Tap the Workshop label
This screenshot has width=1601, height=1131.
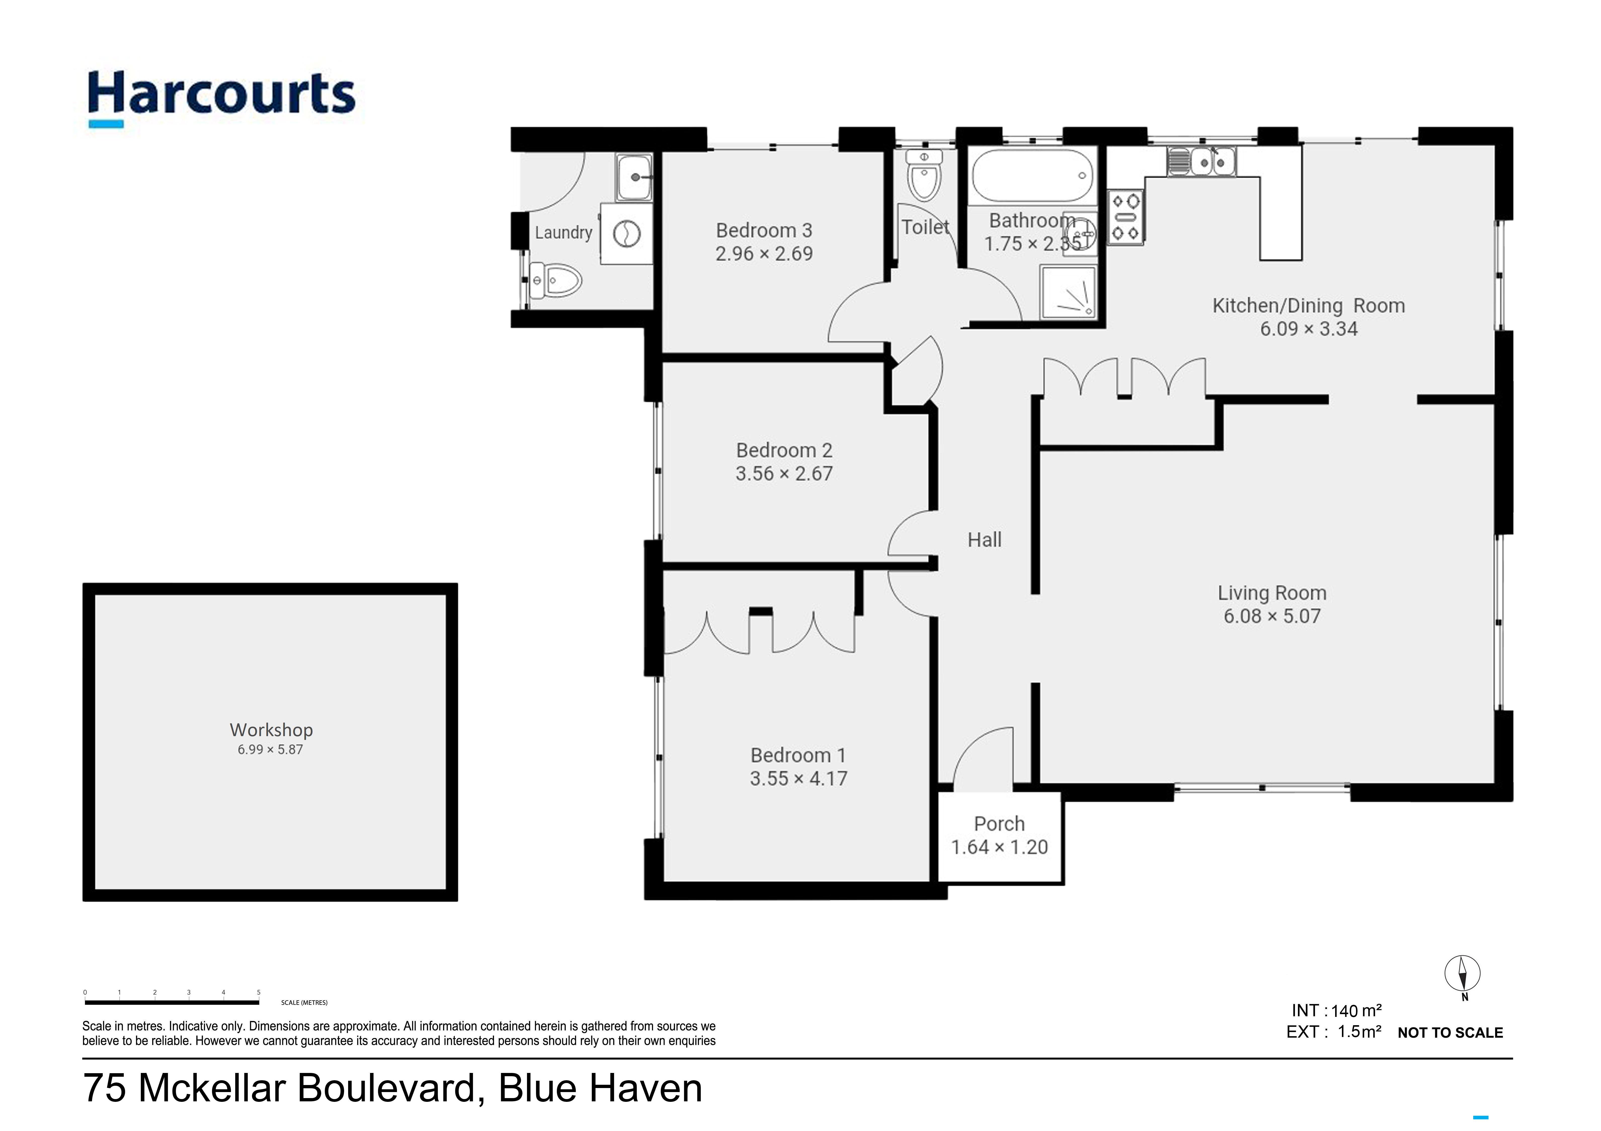(271, 730)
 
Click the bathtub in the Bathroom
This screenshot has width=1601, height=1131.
(1033, 176)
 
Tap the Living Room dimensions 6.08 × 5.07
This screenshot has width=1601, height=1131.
(1272, 616)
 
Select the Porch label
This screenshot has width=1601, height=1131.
(999, 824)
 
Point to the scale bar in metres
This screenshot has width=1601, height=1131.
(172, 1002)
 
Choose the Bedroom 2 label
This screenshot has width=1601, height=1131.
(784, 450)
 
